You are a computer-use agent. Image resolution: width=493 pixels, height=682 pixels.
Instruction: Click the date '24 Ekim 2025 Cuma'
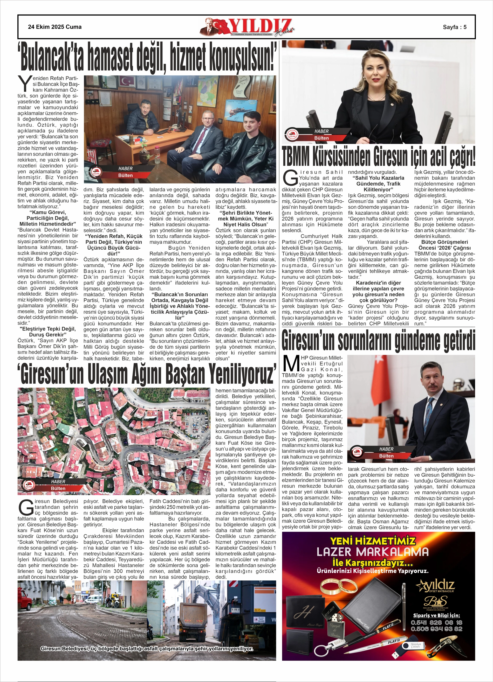pyautogui.click(x=54, y=27)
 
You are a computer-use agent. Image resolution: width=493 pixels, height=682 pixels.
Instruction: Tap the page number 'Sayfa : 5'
pyautogui.click(x=455, y=27)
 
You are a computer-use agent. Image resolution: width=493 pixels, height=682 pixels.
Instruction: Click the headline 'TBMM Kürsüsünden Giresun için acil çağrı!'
pyautogui.click(x=378, y=157)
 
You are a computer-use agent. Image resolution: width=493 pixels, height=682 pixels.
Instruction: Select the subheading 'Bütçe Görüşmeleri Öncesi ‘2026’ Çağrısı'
pyautogui.click(x=444, y=245)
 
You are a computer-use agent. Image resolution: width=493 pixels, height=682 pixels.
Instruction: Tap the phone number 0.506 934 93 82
pyautogui.click(x=436, y=629)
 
